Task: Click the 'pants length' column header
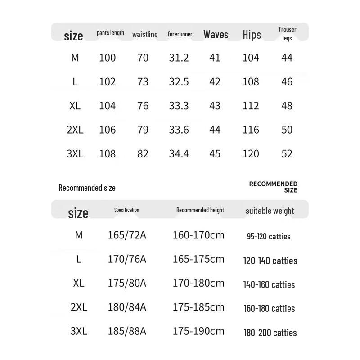click(x=110, y=33)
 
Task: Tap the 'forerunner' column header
click(x=180, y=34)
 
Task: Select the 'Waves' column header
click(x=216, y=34)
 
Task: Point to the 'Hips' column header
click(x=252, y=35)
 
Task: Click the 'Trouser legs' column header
click(x=287, y=34)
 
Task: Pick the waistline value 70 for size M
click(x=143, y=58)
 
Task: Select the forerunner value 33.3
click(x=179, y=106)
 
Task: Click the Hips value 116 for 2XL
click(x=251, y=130)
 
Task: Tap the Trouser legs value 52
click(x=287, y=153)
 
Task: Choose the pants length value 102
click(x=108, y=81)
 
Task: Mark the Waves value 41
click(x=215, y=58)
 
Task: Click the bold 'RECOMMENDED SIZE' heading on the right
click(x=274, y=187)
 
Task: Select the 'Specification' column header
click(x=126, y=210)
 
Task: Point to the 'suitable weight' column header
click(x=270, y=211)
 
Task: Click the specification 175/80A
click(x=127, y=283)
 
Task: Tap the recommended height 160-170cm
click(x=198, y=235)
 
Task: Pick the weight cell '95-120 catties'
click(x=269, y=236)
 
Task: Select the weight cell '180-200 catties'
click(x=270, y=333)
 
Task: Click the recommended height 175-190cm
click(x=198, y=331)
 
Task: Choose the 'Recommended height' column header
click(x=200, y=210)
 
